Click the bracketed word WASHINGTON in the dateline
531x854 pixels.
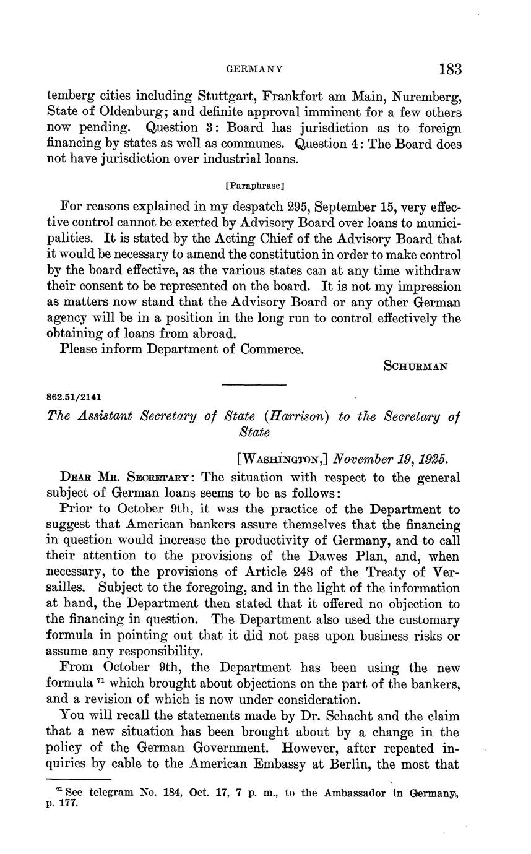[x=282, y=459]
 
